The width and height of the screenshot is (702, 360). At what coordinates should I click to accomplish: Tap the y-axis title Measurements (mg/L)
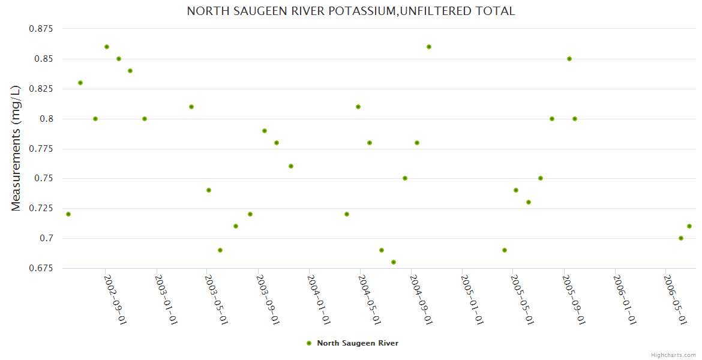pos(16,148)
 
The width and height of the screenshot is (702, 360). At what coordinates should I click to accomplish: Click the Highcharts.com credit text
pos(673,355)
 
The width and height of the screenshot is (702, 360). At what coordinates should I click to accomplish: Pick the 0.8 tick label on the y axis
pos(46,119)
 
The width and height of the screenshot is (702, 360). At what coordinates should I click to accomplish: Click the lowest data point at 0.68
pos(394,262)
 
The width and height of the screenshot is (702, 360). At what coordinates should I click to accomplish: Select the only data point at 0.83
pos(80,83)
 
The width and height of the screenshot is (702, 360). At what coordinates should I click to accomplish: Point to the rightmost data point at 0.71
pos(689,226)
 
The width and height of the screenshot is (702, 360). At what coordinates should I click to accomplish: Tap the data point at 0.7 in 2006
pos(681,238)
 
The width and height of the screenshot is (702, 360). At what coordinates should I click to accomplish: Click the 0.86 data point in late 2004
pos(429,47)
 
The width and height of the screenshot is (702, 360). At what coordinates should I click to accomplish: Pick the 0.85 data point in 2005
pos(569,59)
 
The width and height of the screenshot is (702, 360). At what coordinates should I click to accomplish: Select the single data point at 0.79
pos(265,131)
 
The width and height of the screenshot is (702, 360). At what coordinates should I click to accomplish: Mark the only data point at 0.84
pos(130,71)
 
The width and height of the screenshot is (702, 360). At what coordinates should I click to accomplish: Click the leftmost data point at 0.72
pos(68,214)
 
